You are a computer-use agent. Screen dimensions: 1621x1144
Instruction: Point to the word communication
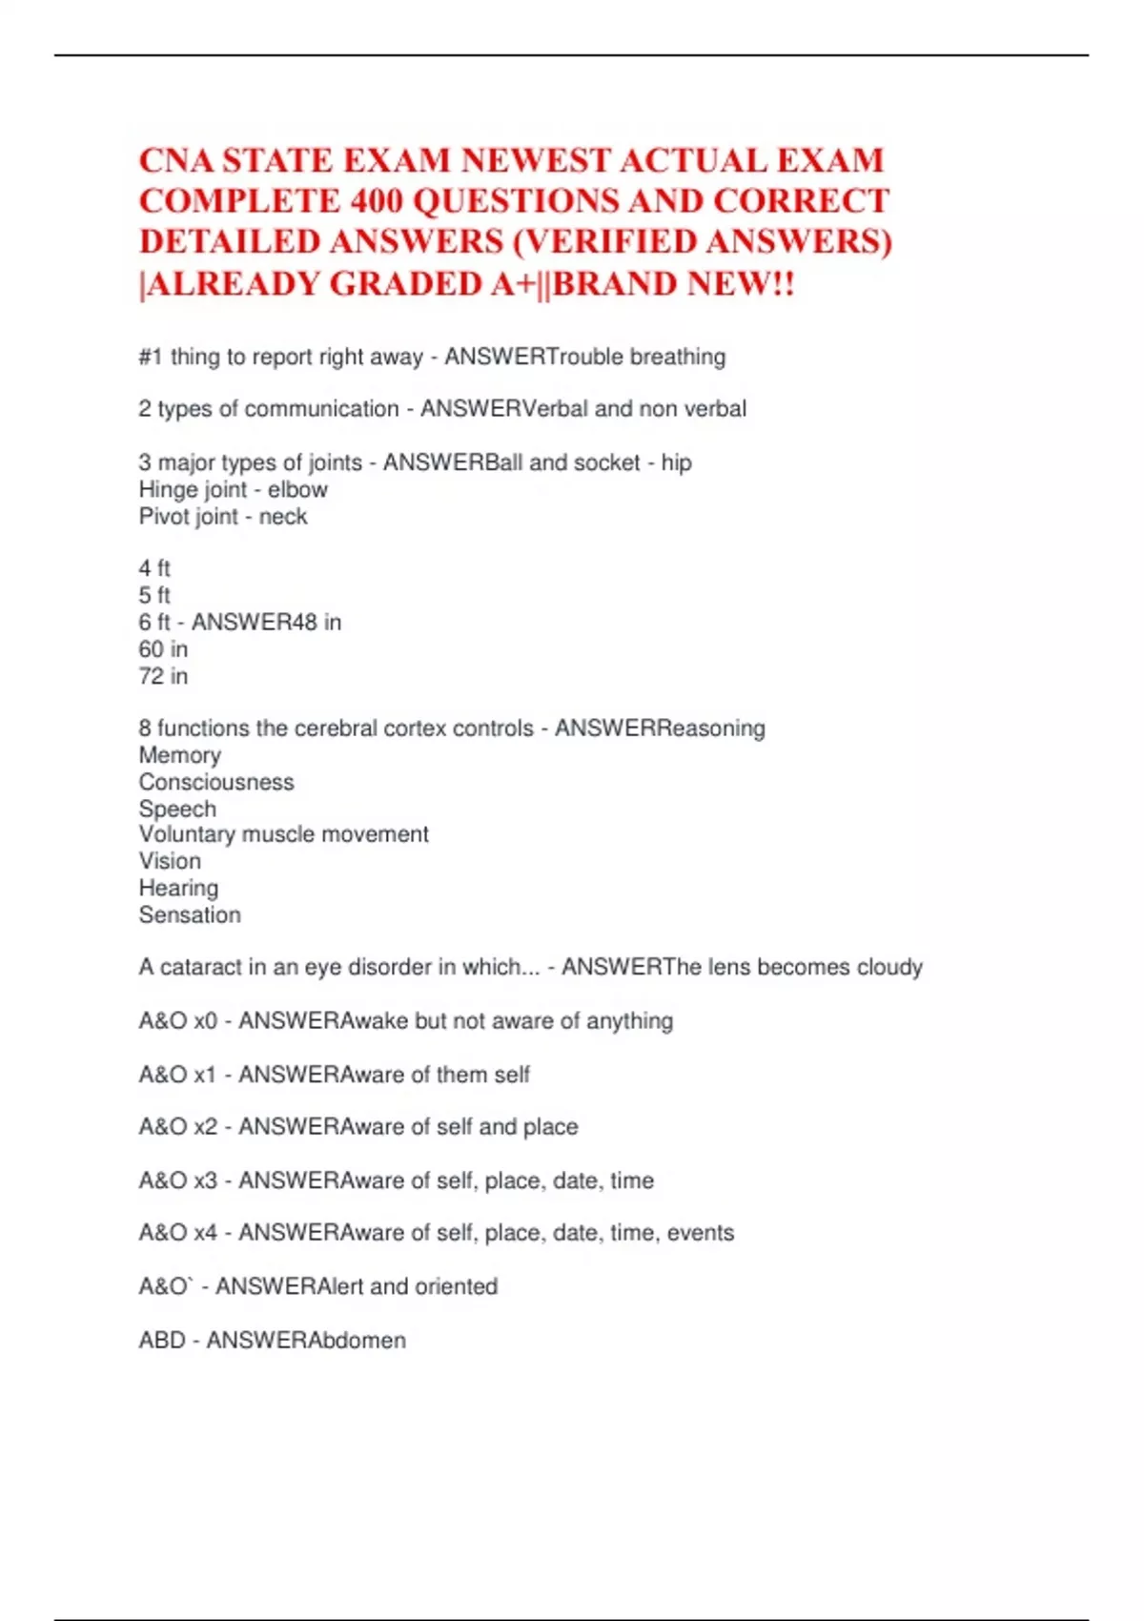click(321, 409)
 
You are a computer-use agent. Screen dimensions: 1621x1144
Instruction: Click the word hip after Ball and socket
click(676, 462)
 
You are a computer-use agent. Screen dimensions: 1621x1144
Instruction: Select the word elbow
click(297, 489)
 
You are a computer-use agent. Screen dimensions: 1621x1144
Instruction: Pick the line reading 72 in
click(163, 676)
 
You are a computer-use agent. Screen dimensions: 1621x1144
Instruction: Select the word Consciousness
click(216, 782)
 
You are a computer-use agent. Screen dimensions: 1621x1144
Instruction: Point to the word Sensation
click(190, 915)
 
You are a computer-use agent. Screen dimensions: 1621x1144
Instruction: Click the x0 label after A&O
click(205, 1021)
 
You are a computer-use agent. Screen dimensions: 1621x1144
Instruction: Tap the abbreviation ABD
click(161, 1341)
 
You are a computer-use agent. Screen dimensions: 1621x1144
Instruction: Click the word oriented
click(456, 1287)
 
